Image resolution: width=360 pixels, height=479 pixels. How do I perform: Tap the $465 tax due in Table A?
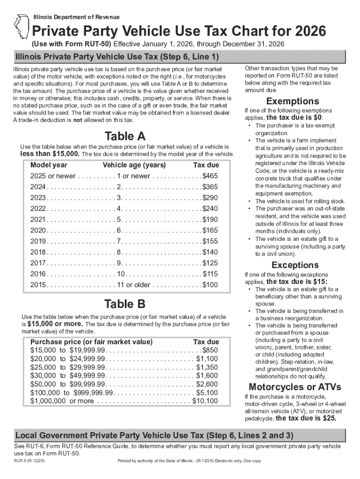[210, 176]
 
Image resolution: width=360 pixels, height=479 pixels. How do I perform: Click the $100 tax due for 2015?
[210, 285]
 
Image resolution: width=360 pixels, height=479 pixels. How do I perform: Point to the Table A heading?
[125, 137]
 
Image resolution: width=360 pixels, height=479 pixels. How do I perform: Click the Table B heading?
[125, 305]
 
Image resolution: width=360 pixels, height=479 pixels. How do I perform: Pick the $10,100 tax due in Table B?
[205, 401]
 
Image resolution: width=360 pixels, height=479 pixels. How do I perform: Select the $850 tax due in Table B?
[210, 350]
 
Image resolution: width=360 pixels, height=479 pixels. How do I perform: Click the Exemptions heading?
[293, 102]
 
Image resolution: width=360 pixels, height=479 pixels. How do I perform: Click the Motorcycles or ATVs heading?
[295, 387]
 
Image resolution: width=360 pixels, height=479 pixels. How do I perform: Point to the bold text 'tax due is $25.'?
[306, 419]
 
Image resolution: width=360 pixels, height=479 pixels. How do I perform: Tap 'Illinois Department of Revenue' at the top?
[76, 17]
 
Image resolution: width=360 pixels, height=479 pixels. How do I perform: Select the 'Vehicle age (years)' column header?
[134, 165]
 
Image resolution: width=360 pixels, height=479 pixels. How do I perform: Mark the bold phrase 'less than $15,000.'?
[50, 154]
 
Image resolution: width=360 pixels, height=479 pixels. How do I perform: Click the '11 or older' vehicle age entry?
[134, 285]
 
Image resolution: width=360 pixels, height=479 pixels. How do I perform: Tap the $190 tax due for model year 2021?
[210, 219]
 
